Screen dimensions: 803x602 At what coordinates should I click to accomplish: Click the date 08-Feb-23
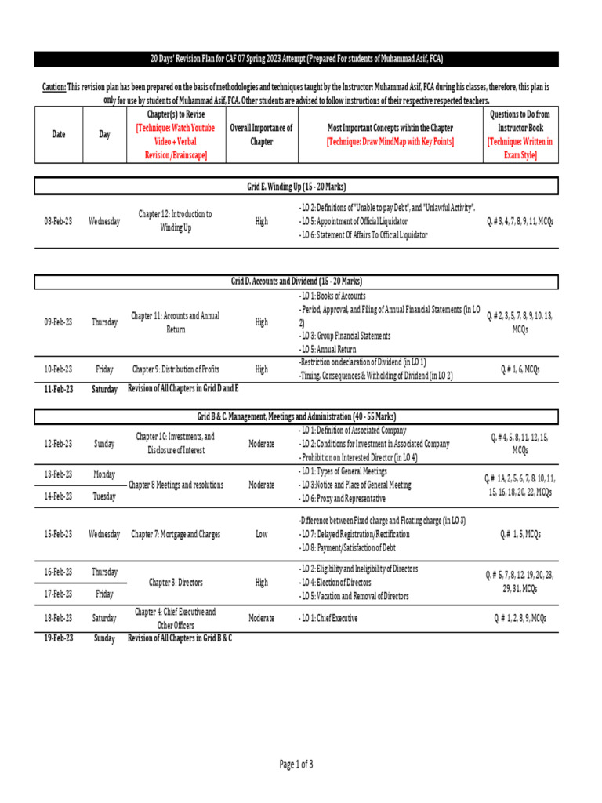pyautogui.click(x=58, y=222)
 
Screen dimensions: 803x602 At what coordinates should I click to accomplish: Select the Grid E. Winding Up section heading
pyautogui.click(x=296, y=187)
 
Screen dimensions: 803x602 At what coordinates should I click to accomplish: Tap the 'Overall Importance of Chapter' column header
pyautogui.click(x=261, y=134)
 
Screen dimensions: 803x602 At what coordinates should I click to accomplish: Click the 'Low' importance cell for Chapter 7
pyautogui.click(x=261, y=534)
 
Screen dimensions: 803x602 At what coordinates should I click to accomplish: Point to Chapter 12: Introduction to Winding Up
pyautogui.click(x=175, y=221)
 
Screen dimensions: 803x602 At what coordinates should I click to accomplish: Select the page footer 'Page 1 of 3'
pyautogui.click(x=296, y=764)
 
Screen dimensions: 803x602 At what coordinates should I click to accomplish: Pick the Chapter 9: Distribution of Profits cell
pyautogui.click(x=176, y=369)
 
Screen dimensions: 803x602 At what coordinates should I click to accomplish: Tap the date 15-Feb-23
pyautogui.click(x=58, y=534)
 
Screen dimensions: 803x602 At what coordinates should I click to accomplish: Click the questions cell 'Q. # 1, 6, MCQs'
pyautogui.click(x=520, y=369)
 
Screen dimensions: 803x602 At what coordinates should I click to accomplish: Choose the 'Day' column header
pyautogui.click(x=104, y=134)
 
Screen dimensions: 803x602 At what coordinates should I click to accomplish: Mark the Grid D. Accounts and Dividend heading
pyautogui.click(x=296, y=281)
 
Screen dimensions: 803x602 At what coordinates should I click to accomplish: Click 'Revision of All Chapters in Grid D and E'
pyautogui.click(x=183, y=388)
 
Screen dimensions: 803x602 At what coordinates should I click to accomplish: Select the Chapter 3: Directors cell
pyautogui.click(x=175, y=583)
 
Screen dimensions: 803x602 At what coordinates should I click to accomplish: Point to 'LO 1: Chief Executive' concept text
pyautogui.click(x=328, y=618)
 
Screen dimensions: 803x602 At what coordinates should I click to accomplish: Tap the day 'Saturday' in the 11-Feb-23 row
pyautogui.click(x=104, y=389)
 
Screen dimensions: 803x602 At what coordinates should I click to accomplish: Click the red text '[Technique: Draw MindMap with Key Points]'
pyautogui.click(x=390, y=141)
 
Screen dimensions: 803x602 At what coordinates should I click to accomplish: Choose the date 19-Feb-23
pyautogui.click(x=58, y=638)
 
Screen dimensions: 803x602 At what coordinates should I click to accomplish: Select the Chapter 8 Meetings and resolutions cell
pyautogui.click(x=176, y=485)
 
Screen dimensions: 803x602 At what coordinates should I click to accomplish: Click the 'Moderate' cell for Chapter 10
pyautogui.click(x=261, y=444)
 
